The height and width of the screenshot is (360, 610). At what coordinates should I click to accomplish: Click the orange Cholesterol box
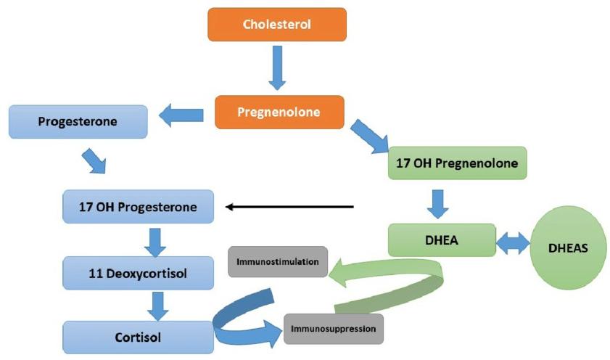[277, 25]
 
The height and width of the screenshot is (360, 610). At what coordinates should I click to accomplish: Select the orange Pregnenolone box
[279, 113]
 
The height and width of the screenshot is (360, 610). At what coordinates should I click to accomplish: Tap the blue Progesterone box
[78, 121]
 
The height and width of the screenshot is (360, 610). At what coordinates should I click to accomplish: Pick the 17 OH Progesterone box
[138, 207]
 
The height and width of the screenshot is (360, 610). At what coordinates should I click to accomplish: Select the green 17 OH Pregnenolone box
[456, 163]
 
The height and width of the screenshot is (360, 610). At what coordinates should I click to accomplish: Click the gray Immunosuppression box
[333, 329]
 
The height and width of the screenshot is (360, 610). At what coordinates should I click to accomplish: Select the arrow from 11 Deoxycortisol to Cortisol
[157, 305]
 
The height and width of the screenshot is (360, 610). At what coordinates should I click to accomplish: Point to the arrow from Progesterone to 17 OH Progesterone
[96, 161]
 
